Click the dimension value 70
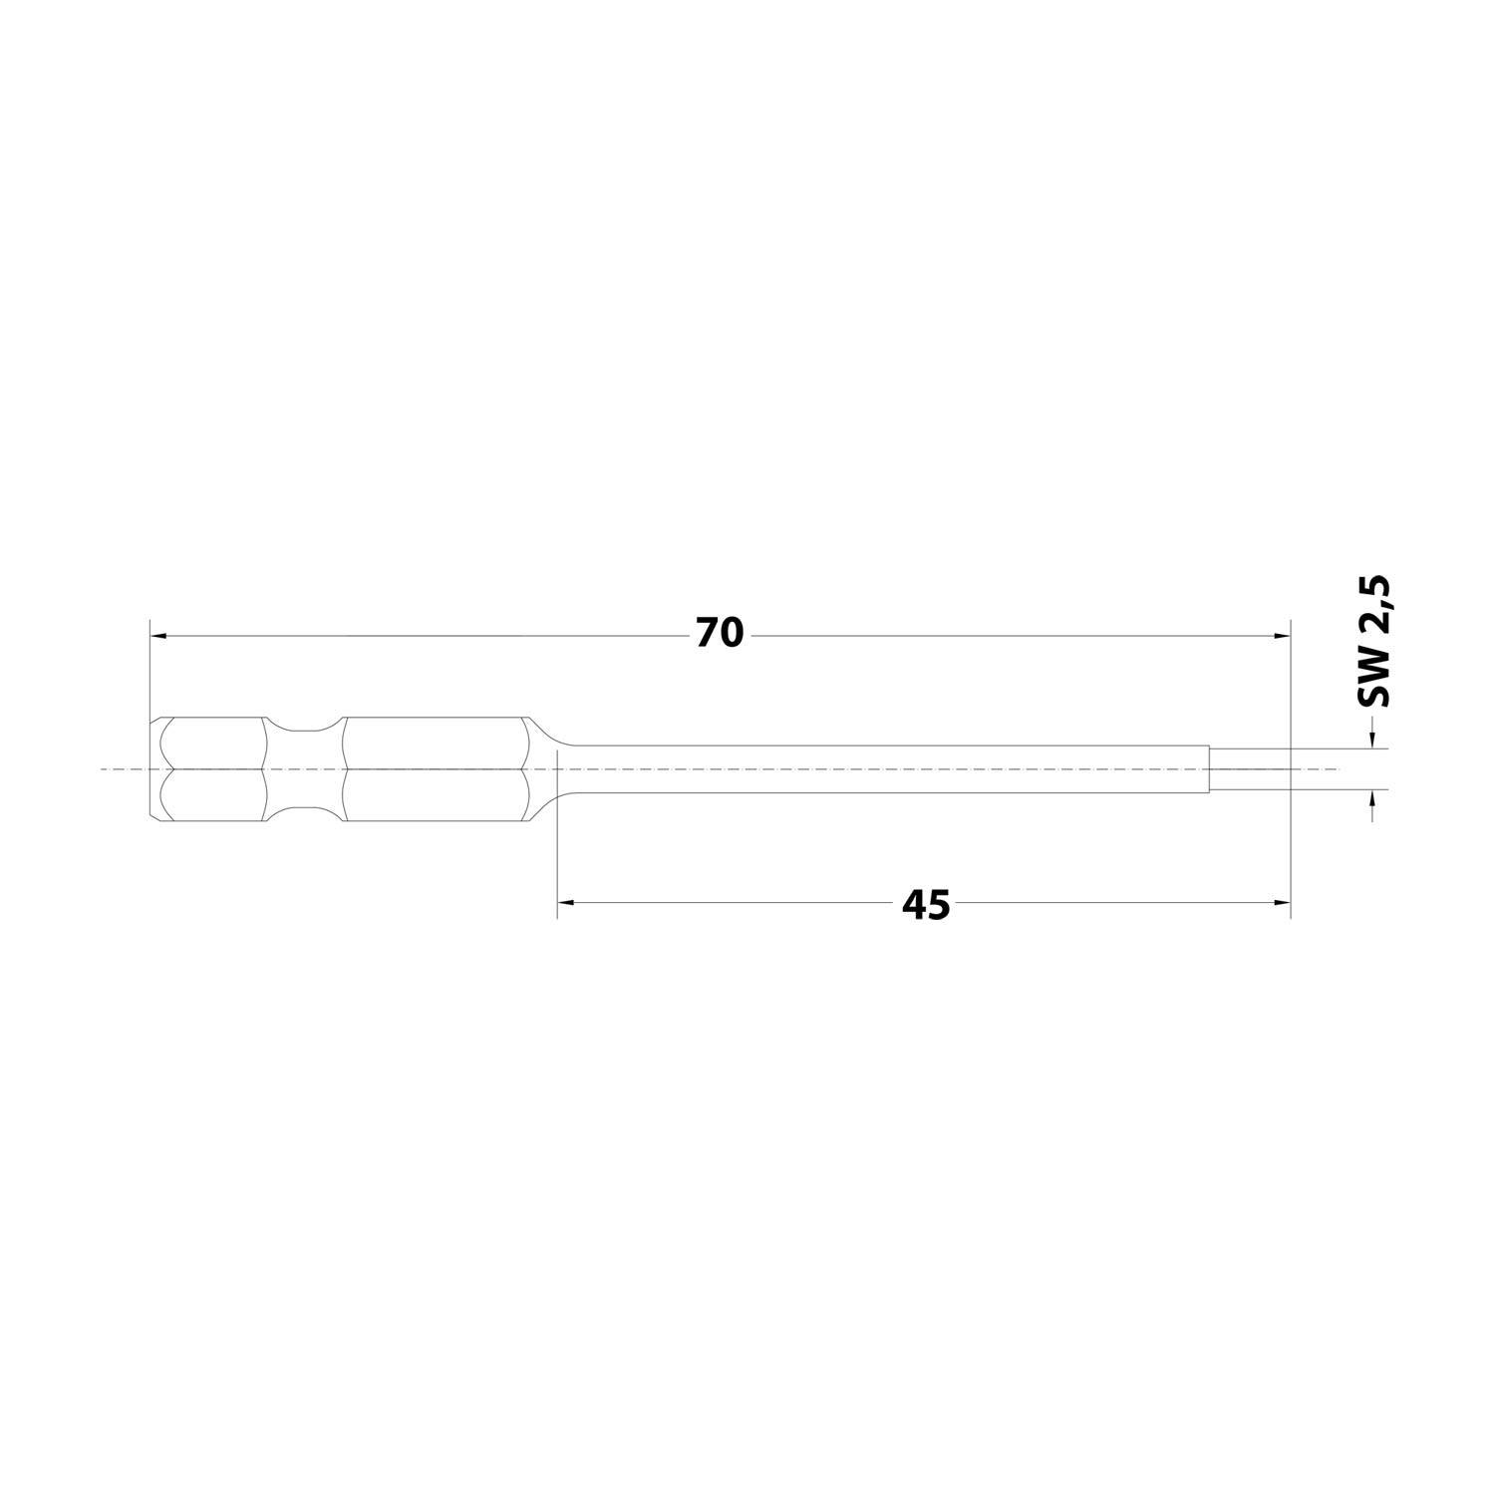(x=720, y=634)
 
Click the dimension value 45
(x=926, y=906)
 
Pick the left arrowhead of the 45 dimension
(x=566, y=902)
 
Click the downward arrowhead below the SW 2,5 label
(x=1373, y=739)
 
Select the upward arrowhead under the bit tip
(x=1373, y=799)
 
